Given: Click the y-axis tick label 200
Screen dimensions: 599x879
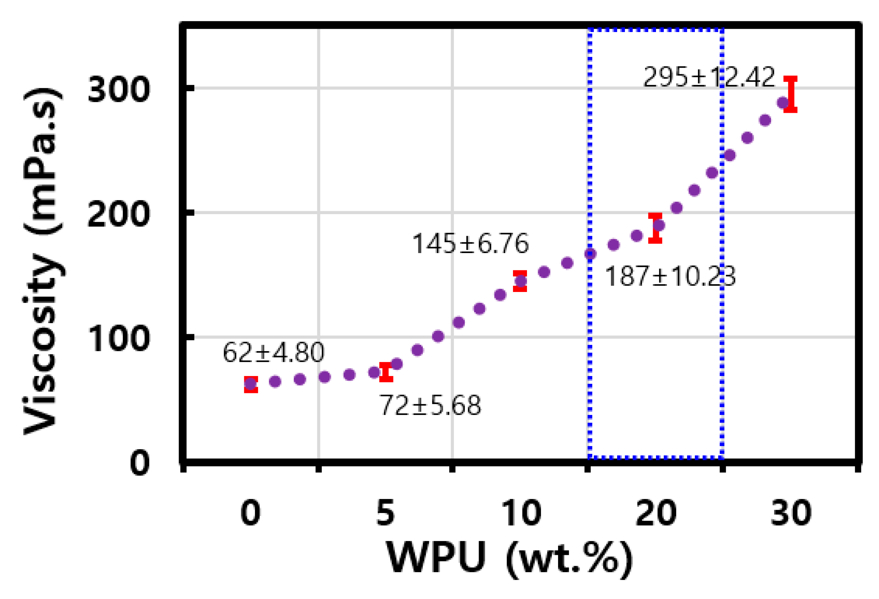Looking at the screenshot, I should tap(119, 215).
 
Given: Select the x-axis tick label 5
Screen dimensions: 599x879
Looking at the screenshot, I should tap(385, 513).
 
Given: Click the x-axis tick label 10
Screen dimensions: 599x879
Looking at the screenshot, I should tap(521, 513).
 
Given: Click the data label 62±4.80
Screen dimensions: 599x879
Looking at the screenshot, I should tap(273, 352).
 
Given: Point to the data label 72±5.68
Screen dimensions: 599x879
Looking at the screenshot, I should tap(430, 405).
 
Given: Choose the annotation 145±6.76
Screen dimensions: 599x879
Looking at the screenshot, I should tap(470, 244).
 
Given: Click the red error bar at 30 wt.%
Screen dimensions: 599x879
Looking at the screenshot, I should tap(790, 94).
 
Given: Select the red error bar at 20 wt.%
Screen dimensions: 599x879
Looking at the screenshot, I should tap(655, 228).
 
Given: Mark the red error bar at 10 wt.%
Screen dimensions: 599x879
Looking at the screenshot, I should tap(520, 281).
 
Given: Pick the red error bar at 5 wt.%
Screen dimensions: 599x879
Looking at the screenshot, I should tap(386, 372).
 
